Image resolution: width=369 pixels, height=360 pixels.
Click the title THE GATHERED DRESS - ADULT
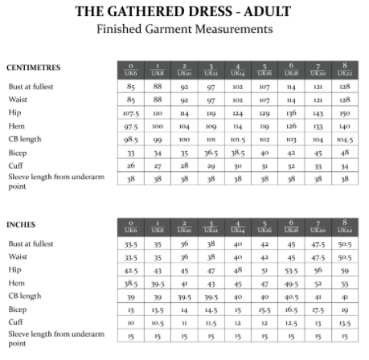(184, 12)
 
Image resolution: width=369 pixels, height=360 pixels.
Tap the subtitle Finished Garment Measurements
(184, 30)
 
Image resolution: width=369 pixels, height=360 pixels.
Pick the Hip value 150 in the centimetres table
(344, 113)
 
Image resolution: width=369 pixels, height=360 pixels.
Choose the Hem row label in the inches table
(15, 283)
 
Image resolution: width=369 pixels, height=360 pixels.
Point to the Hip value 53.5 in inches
(291, 271)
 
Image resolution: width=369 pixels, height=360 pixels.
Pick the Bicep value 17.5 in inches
(318, 309)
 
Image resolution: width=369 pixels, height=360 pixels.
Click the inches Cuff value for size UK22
(344, 322)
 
